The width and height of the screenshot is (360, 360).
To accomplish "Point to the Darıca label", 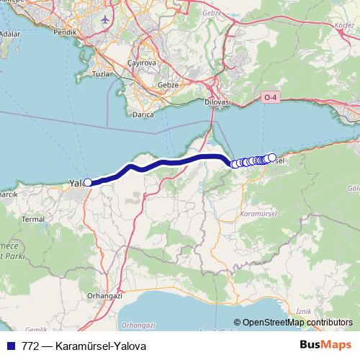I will pos(145,114).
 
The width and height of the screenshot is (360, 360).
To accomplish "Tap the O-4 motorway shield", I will pos(270,96).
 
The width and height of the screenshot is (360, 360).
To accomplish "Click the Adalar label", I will pos(9,33).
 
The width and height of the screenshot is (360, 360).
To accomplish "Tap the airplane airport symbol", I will pos(107,19).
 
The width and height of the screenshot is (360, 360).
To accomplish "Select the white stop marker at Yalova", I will pos(88,182).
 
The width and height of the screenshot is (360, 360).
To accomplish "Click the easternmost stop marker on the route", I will pos(272,157).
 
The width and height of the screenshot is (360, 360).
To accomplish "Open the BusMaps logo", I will pos(325,344).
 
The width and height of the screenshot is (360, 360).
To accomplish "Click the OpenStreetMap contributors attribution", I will pos(293,323).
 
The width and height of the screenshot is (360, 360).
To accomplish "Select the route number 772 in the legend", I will pos(30,344).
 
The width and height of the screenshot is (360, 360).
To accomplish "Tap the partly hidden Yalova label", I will pos(76,184).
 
